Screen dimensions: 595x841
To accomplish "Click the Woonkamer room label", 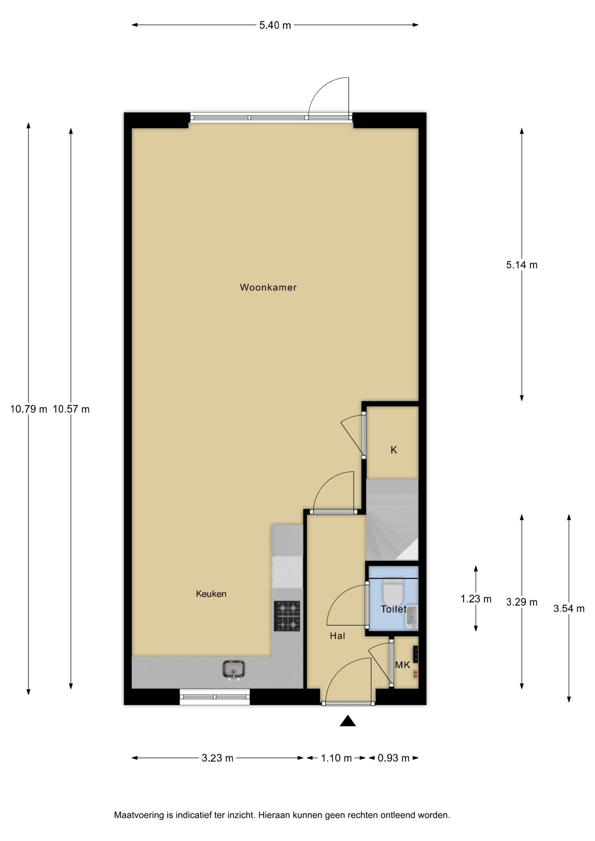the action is pos(268,288).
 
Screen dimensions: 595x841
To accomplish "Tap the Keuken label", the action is pos(211,594).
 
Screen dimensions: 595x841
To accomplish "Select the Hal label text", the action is pos(337,636).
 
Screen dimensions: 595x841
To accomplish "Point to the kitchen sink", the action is pos(234,670).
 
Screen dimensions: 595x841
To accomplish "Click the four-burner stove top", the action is pos(287,616).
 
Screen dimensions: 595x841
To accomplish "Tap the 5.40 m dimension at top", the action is pos(275,25).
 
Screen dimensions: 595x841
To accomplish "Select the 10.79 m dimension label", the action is pos(28,410).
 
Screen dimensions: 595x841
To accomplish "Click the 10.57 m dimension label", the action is pos(71,410).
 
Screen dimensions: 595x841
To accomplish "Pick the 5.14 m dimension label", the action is pos(522,265).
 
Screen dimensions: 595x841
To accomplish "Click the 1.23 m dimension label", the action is pos(476,599).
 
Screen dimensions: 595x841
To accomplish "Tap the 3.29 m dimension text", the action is pos(522,602).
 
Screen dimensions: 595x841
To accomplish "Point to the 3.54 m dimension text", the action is pos(569,608).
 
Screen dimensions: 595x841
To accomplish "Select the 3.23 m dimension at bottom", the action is pos(217,758).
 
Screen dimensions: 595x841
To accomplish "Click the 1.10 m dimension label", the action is pos(336,758).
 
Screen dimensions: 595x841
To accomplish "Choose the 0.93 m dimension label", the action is pos(393,758).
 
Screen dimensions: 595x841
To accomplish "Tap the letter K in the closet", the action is pos(393,450).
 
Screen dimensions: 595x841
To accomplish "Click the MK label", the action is pos(403,665).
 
